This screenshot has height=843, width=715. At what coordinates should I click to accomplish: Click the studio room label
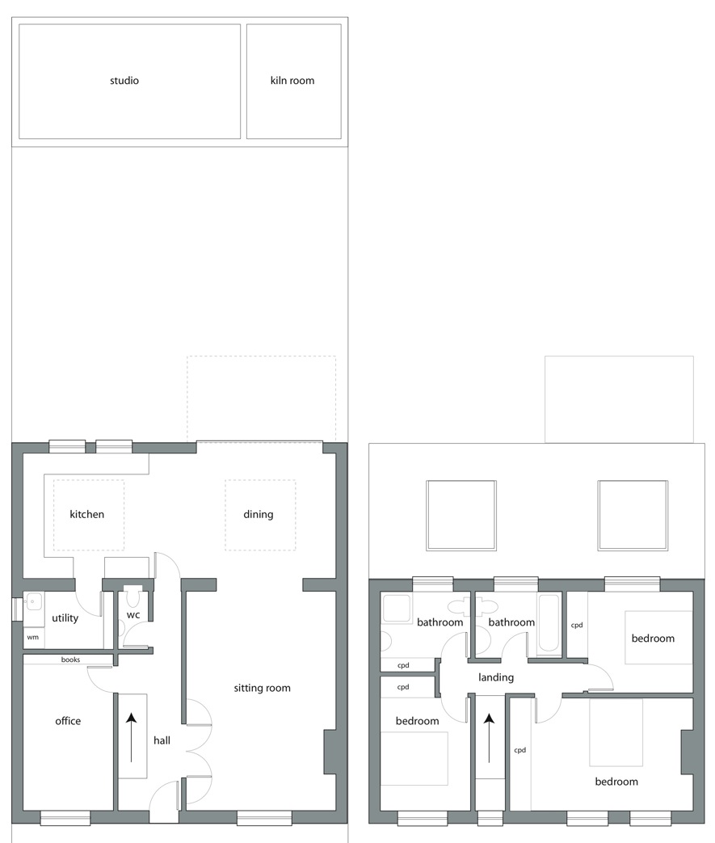coord(124,81)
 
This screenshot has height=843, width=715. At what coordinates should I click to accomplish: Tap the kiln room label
coord(292,81)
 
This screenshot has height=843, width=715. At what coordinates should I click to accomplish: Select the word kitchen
coord(86,514)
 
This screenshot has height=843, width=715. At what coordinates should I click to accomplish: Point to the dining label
coord(258,515)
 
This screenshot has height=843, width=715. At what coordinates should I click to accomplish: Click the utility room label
coord(65,618)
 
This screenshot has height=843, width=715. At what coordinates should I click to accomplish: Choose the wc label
coord(132,615)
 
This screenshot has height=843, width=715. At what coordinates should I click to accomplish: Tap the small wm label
coord(33,637)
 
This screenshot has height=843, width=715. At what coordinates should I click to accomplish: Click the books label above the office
coord(70,660)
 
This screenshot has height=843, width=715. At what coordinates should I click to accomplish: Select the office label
coord(68,721)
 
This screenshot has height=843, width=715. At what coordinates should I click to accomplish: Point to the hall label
coord(162,740)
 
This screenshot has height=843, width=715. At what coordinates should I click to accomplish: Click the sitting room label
coord(262,688)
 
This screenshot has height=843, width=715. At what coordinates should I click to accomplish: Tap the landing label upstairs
coord(496,677)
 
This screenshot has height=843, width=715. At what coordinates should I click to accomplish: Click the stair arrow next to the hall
coord(131,737)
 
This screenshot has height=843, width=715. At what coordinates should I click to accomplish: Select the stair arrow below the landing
coord(489,738)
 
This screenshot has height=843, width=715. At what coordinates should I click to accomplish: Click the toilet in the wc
coord(132,596)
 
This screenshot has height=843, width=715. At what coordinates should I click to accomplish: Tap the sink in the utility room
coord(34,601)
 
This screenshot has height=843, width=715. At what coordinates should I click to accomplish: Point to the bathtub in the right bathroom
coord(549,622)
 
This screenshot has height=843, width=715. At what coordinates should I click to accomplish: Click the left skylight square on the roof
coord(461,516)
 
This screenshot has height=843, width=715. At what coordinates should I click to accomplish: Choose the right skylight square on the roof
coord(633,516)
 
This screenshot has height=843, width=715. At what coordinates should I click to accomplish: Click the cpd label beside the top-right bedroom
coord(576,626)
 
